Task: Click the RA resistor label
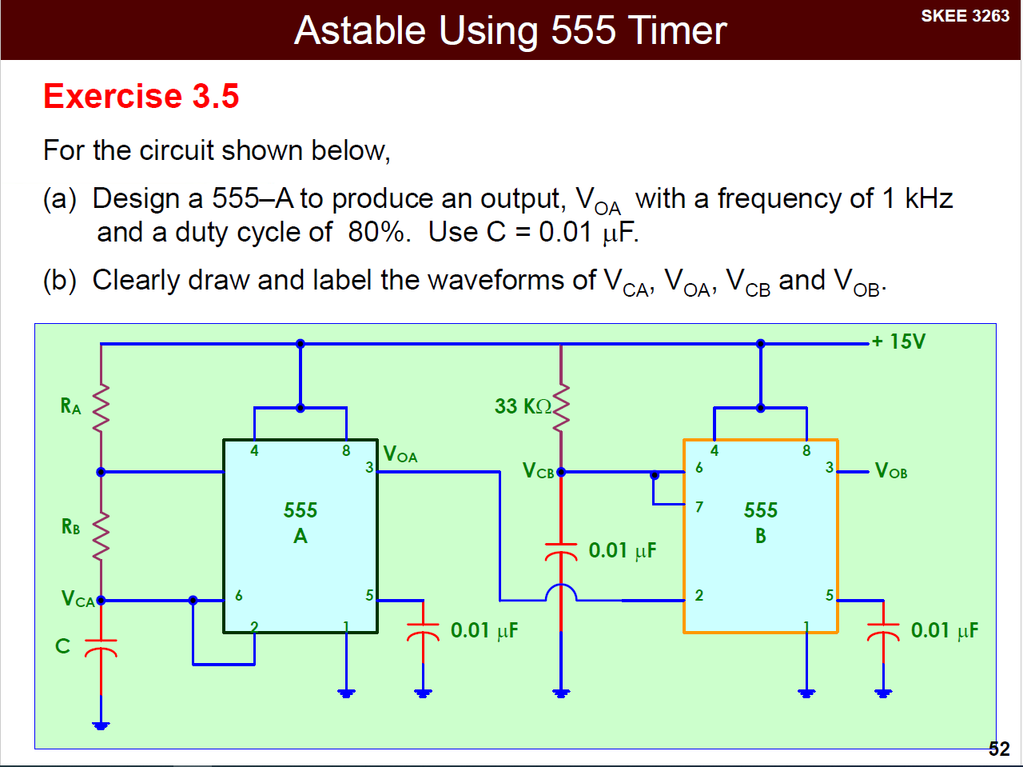70,406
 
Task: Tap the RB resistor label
70,527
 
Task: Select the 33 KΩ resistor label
523,406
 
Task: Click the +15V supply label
898,342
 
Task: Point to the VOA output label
400,455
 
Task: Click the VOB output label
891,471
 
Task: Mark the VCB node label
539,471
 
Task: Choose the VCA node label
78,599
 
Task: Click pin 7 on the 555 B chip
699,507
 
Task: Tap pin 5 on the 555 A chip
369,596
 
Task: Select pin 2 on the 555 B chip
699,596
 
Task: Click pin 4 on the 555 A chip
254,451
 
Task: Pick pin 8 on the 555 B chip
806,451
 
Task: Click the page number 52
999,749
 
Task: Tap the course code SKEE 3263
965,16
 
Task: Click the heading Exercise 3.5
141,96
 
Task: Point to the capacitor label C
62,646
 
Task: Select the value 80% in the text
376,232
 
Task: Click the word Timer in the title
678,31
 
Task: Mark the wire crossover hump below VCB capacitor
561,592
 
